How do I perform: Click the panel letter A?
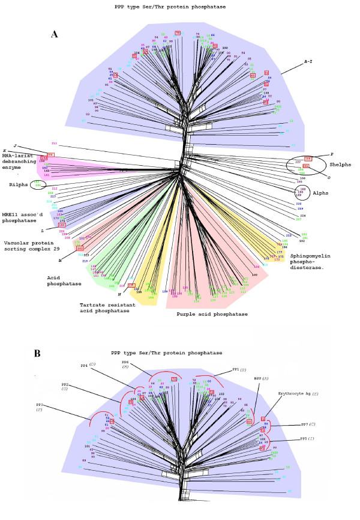tap(55, 34)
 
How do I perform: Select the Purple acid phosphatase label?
tap(212, 313)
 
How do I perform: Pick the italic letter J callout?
tap(14, 145)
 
